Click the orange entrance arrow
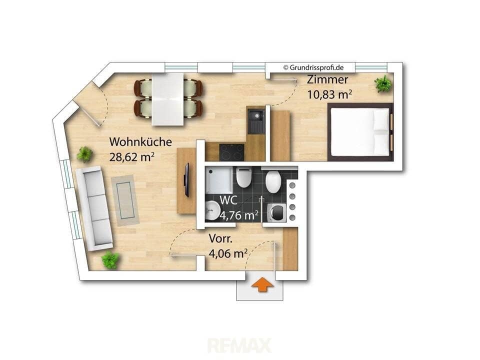tap(262, 284)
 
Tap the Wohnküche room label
tap(140, 142)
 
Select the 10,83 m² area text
tap(329, 94)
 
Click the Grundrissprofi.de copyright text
tap(313, 67)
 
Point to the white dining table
tap(168, 99)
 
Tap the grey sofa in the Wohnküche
tap(94, 208)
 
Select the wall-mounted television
tap(186, 180)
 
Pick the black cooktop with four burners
tap(231, 152)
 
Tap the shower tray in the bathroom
tap(217, 180)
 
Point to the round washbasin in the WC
tap(211, 210)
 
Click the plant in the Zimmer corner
tap(383, 83)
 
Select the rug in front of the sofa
tap(125, 200)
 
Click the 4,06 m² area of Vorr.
tap(228, 253)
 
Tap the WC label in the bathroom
tap(228, 200)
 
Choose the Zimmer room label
tap(327, 79)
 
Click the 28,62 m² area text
tap(131, 157)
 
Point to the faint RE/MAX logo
tap(239, 345)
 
